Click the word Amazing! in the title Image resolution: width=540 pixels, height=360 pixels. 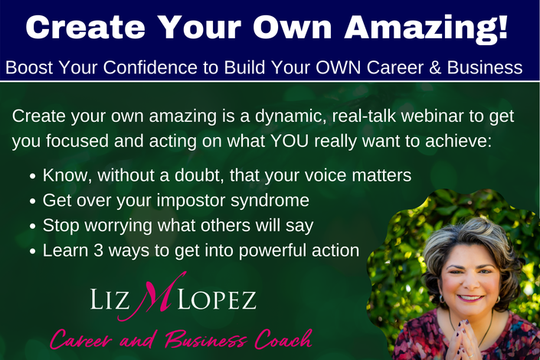[x=427, y=28]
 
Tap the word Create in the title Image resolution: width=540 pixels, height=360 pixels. [x=85, y=27]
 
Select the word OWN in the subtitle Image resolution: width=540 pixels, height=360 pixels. [x=339, y=67]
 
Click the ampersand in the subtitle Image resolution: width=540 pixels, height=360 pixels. [x=435, y=67]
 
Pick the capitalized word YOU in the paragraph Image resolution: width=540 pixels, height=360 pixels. [x=290, y=141]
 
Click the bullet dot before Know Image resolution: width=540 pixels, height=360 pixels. [x=33, y=176]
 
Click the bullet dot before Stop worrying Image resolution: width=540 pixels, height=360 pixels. [x=33, y=226]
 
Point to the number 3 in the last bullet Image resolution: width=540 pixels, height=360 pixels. [x=99, y=250]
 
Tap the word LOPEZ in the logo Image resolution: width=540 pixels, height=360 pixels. [x=217, y=299]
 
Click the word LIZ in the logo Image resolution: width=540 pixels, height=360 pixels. [x=110, y=299]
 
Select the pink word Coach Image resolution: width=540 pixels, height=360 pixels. [x=283, y=339]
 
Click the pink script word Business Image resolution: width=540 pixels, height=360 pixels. [x=205, y=339]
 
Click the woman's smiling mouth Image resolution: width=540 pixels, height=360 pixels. [x=470, y=298]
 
